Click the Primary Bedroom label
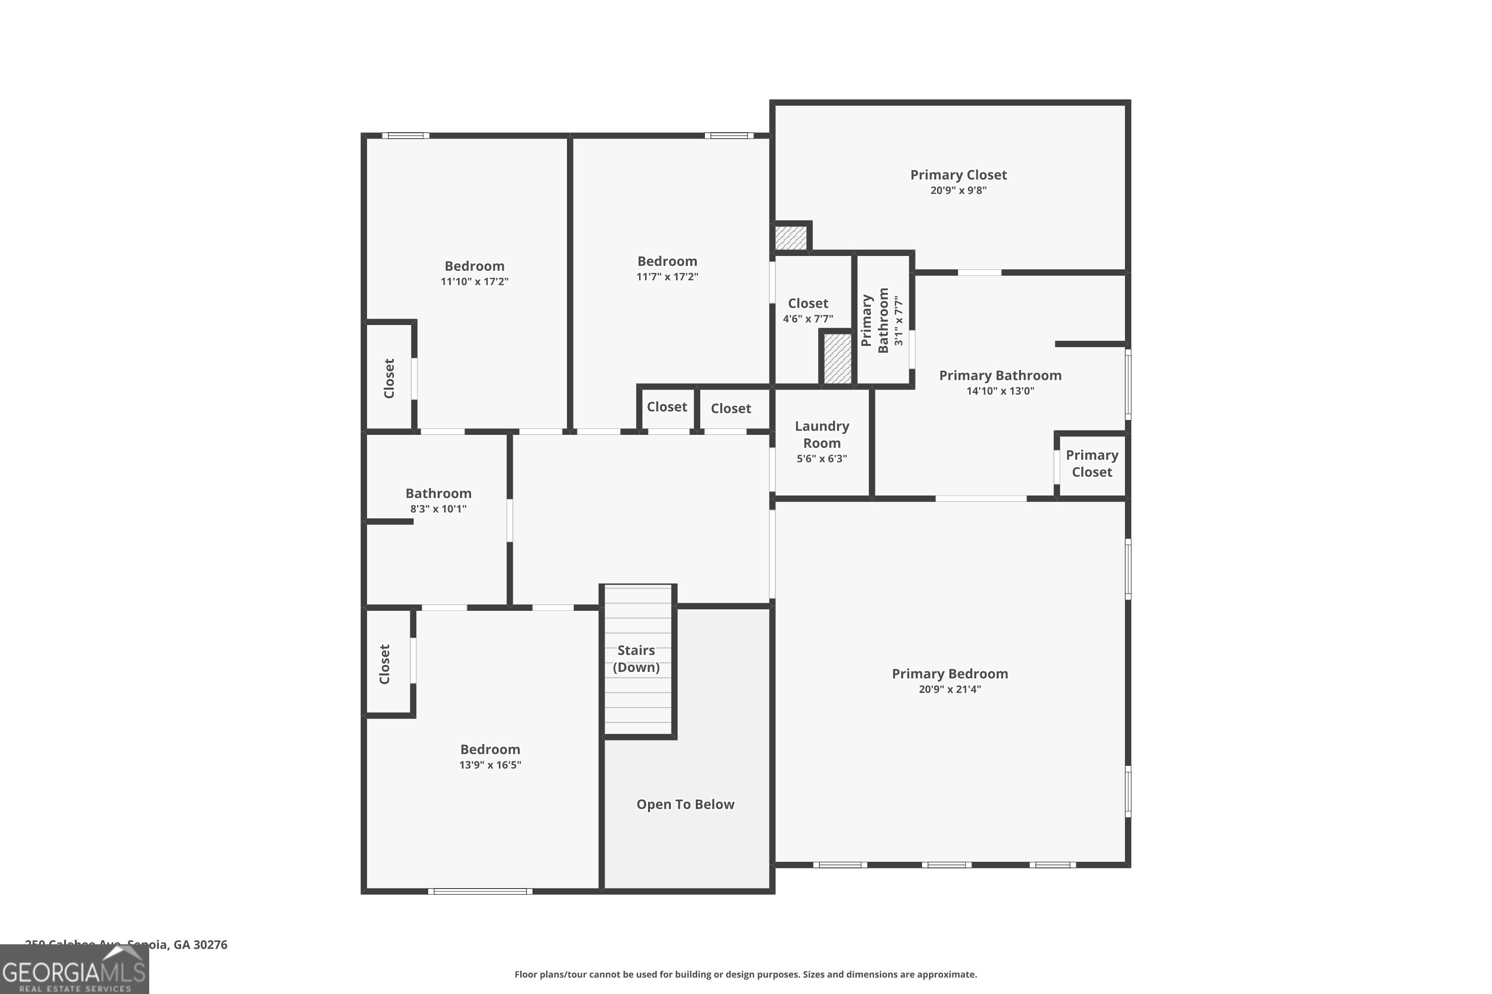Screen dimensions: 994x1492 [x=949, y=674]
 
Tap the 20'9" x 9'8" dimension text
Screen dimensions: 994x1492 [x=958, y=190]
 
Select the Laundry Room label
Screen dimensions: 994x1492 [x=822, y=434]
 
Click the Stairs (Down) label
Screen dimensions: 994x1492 [x=636, y=659]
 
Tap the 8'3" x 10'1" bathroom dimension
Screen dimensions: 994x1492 [x=438, y=509]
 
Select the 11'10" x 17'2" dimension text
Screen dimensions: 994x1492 [x=474, y=281]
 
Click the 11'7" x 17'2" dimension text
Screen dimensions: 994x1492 [x=667, y=277]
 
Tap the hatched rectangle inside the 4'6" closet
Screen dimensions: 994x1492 [x=838, y=358]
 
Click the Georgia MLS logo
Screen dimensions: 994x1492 [x=74, y=970]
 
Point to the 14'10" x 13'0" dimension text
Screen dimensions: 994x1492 [x=1000, y=391]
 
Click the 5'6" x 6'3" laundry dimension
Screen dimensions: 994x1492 [x=822, y=459]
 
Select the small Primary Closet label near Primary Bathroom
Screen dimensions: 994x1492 [x=1092, y=463]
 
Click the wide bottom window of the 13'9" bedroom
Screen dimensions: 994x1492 [x=480, y=891]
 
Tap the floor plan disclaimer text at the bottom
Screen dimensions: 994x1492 [x=746, y=974]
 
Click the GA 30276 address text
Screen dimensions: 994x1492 [x=200, y=945]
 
